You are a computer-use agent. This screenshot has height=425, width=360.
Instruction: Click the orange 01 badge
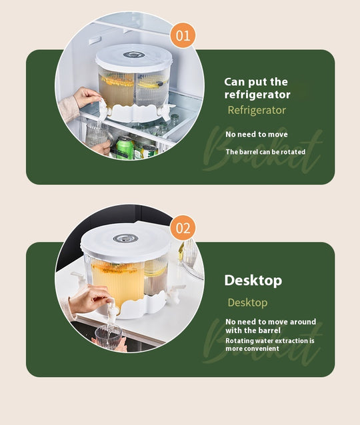click(183, 35)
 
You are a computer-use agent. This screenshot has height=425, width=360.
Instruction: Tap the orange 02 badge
click(183, 228)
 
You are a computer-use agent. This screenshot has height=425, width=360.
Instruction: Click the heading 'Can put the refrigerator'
click(257, 88)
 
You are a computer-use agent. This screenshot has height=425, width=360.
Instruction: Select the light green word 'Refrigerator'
click(257, 111)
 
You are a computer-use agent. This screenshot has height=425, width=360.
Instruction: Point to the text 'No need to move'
click(257, 134)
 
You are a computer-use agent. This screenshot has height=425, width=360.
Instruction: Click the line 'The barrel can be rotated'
click(265, 152)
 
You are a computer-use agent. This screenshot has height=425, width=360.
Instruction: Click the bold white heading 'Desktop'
click(253, 280)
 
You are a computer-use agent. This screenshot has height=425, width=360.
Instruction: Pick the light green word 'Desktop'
click(247, 302)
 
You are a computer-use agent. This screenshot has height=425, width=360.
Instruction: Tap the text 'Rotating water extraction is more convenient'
click(270, 344)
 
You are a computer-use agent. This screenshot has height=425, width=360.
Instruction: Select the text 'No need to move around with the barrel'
click(271, 326)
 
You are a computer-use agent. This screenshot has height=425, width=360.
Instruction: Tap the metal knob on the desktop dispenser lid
click(125, 238)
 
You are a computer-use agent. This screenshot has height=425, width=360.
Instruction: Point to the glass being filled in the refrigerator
click(97, 134)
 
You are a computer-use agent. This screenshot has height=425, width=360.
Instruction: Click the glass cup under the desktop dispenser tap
click(109, 336)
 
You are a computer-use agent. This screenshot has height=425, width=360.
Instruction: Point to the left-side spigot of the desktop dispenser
click(79, 279)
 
